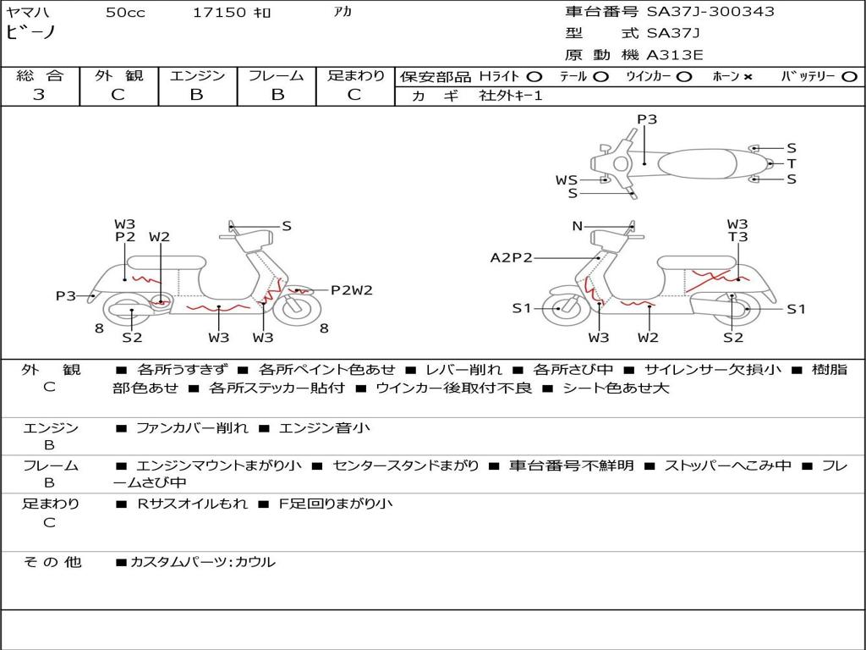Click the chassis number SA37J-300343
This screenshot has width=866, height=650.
coord(710,12)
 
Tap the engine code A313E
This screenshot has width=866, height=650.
coord(674,55)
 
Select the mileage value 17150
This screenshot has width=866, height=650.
coord(219,12)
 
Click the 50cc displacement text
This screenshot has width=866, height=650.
coord(125,12)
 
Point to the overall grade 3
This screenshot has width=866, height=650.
coord(39,95)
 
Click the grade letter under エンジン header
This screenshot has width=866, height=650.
coord(196,95)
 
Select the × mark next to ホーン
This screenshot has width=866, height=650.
coord(748,77)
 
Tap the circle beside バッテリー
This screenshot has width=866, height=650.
coord(849,77)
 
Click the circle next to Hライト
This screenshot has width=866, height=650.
coord(534,77)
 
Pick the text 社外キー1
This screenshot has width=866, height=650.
coord(511,96)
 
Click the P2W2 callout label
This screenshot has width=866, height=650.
coord(352,290)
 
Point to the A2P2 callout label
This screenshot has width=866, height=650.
coord(512,257)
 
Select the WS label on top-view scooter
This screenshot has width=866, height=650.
coord(567,180)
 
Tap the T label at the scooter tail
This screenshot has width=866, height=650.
coord(792,163)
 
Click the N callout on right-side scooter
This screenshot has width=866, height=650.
coord(577,226)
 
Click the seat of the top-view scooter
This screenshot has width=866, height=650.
coord(698,163)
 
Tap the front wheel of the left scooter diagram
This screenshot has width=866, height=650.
coord(296,308)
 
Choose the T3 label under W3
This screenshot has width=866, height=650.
coord(737,237)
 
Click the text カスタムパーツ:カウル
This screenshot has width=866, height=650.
coord(203,562)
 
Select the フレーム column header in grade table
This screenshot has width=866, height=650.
coord(277,75)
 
